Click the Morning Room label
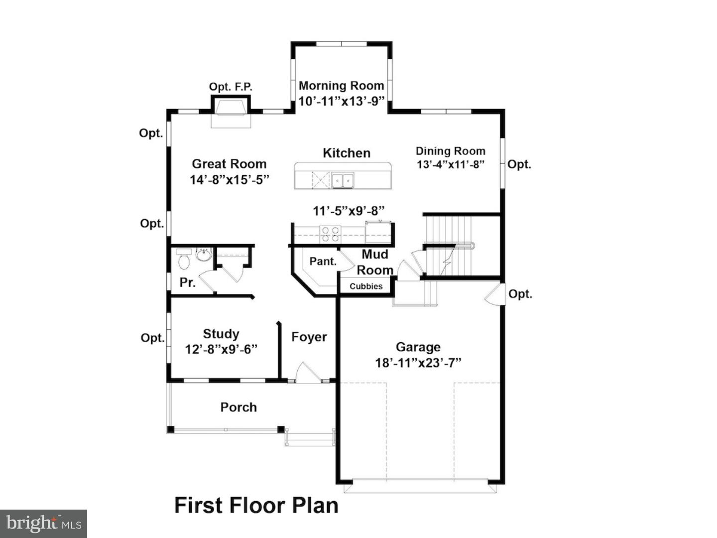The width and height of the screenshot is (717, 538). (342, 86)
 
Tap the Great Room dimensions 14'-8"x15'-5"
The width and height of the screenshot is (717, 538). (230, 180)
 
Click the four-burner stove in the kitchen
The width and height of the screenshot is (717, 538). (330, 235)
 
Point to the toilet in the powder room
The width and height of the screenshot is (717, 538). (184, 259)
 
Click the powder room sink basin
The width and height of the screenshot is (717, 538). (204, 255)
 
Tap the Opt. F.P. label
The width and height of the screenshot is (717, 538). (231, 87)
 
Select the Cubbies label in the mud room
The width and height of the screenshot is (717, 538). (366, 286)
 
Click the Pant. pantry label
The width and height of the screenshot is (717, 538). (323, 262)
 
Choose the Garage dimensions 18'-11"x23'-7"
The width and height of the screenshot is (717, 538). (418, 363)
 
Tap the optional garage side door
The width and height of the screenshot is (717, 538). (495, 294)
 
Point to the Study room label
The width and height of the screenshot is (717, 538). (221, 334)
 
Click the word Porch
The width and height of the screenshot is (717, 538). (239, 407)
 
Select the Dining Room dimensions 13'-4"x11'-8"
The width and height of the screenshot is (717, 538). (451, 164)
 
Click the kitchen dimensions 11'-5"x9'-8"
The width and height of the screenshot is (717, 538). (349, 211)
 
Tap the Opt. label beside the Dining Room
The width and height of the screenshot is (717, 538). (519, 164)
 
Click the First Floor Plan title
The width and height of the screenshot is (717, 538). (256, 505)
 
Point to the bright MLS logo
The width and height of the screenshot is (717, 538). (43, 524)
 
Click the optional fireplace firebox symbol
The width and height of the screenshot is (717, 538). (231, 107)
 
